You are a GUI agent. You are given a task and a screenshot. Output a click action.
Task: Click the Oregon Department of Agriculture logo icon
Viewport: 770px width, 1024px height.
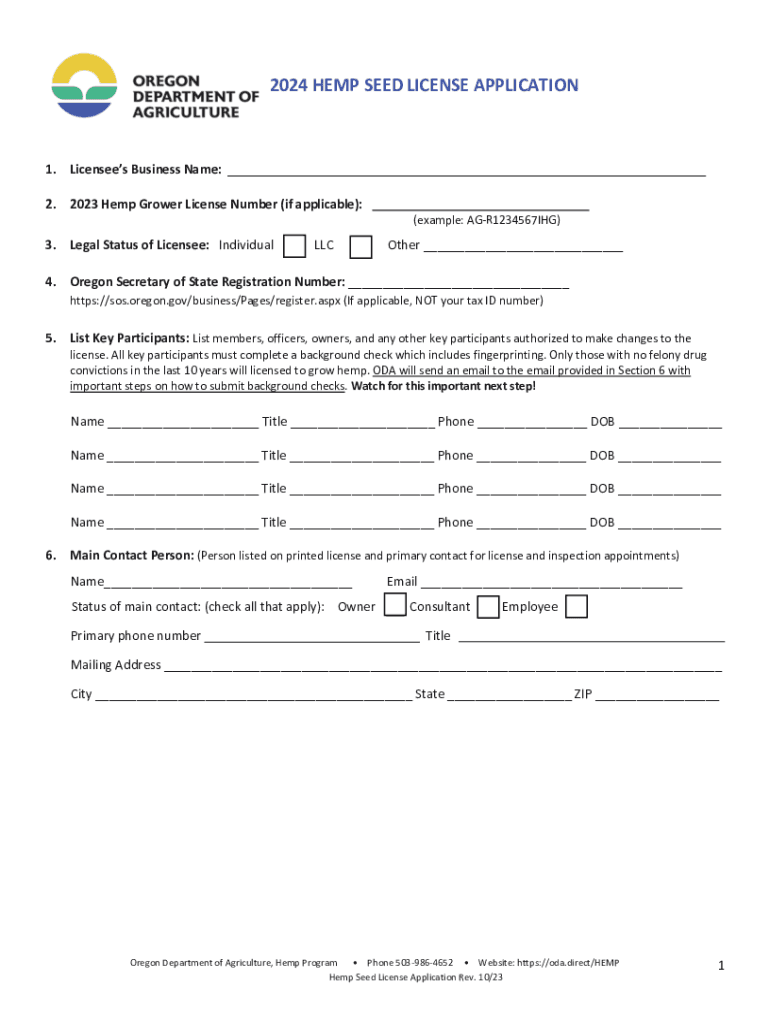pyautogui.click(x=88, y=87)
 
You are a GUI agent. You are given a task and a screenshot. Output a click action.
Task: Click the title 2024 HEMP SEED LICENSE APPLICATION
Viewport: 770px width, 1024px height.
pyautogui.click(x=424, y=85)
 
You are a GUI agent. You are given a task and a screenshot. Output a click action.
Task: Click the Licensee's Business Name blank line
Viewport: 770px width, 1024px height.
pyautogui.click(x=466, y=169)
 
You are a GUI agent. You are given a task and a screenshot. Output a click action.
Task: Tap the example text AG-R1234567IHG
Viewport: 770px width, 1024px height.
pyautogui.click(x=486, y=219)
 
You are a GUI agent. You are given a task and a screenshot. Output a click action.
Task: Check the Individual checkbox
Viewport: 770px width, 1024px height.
pyautogui.click(x=294, y=246)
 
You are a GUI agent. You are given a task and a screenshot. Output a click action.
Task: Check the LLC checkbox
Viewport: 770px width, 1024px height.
pyautogui.click(x=361, y=246)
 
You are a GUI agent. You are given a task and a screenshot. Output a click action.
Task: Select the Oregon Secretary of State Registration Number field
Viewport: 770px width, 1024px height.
pyautogui.click(x=459, y=282)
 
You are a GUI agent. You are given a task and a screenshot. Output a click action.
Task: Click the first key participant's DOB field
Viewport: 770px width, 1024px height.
pyautogui.click(x=669, y=423)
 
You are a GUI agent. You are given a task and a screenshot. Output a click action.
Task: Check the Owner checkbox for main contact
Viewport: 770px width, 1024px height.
pyautogui.click(x=396, y=606)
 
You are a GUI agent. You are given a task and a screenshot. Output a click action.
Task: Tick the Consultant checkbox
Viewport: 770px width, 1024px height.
pyautogui.click(x=488, y=606)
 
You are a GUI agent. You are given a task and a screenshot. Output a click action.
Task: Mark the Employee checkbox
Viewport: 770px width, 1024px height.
pyautogui.click(x=576, y=606)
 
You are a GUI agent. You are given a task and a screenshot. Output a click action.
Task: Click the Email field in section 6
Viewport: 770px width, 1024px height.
pyautogui.click(x=551, y=583)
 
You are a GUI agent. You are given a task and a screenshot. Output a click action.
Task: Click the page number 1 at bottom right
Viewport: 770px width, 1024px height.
pyautogui.click(x=721, y=966)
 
